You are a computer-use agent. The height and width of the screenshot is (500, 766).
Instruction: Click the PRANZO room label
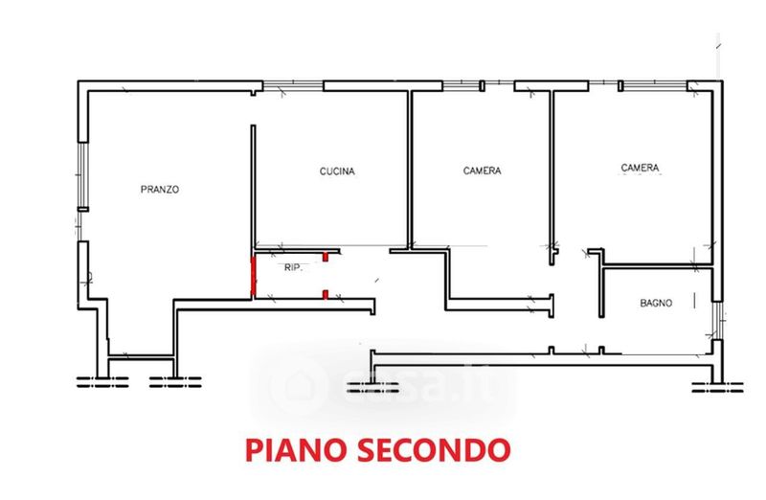point(160,189)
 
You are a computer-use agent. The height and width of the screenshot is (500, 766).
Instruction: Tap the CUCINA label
point(337,171)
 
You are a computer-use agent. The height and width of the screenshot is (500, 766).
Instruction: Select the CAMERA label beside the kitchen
point(483,170)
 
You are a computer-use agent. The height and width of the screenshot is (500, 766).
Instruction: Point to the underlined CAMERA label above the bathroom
point(640,168)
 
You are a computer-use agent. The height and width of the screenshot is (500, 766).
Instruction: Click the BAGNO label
point(656,303)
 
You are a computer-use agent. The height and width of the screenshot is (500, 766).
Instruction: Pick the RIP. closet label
point(294,268)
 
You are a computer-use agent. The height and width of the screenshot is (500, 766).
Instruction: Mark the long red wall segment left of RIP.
point(253,277)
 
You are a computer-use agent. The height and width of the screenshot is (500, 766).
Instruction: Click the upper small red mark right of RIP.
point(325,257)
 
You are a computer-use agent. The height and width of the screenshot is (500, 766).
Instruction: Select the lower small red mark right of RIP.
point(325,294)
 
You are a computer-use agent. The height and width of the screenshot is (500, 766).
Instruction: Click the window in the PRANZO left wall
point(83,175)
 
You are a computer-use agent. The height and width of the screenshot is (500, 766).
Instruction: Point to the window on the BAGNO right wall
point(717,321)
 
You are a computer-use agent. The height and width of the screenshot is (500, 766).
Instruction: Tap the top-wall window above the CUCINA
point(293,86)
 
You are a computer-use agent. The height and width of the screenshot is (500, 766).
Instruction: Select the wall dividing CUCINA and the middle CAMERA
point(410,170)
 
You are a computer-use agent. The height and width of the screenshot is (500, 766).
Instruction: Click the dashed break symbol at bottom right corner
point(717,388)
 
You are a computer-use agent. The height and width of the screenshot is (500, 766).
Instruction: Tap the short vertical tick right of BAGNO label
point(694,301)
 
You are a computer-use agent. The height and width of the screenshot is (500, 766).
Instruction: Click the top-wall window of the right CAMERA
point(656,86)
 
